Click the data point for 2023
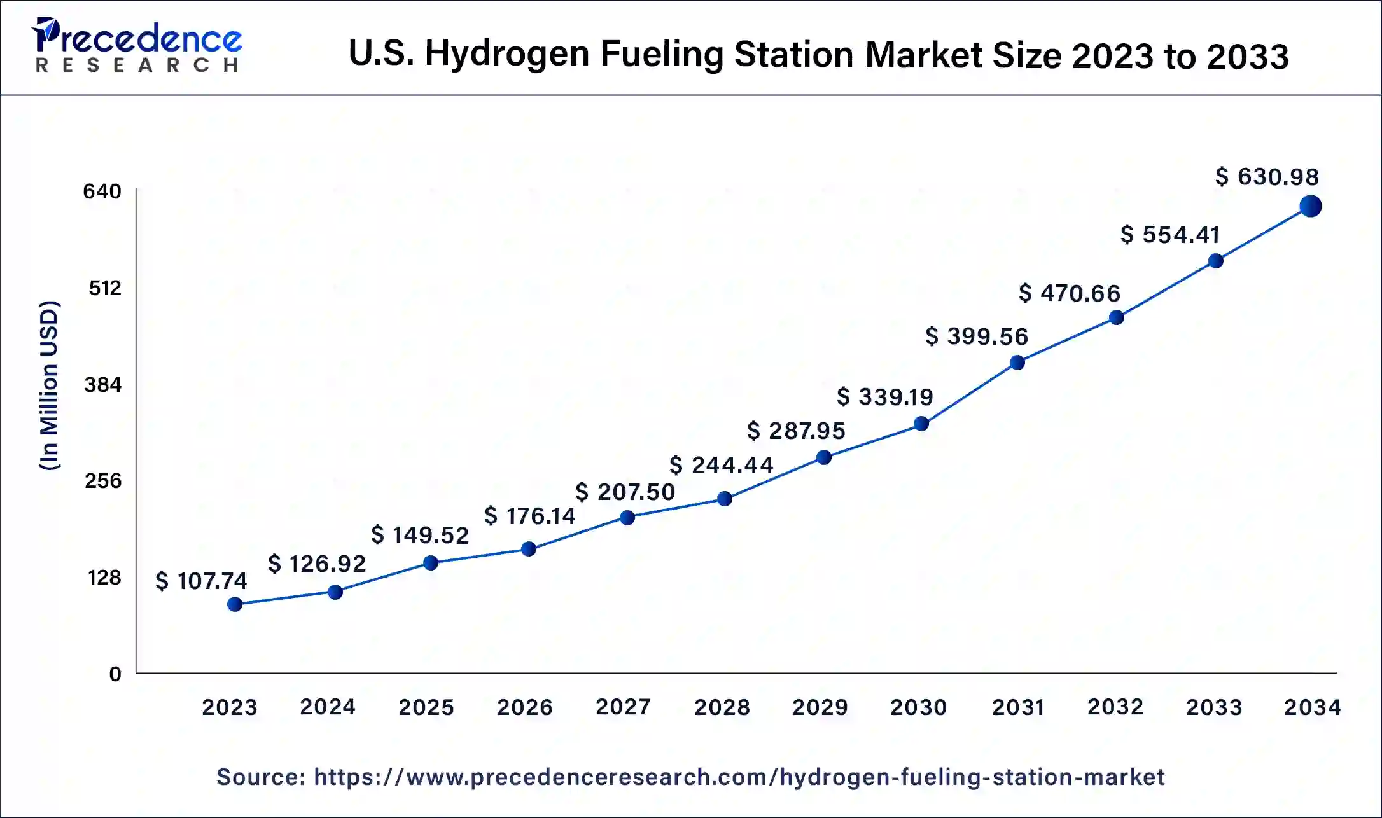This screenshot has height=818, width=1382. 235,604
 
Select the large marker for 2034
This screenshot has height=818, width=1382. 1311,206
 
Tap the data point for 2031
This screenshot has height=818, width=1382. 1017,363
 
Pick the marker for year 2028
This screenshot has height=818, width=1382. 724,499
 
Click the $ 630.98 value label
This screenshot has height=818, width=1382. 1267,177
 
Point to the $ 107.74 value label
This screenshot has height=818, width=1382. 201,581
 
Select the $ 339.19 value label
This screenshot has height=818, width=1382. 885,397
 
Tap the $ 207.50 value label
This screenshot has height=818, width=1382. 625,492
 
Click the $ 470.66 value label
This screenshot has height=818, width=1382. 1070,293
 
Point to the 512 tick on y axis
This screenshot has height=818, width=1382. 105,288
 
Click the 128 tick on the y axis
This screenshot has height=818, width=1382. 104,578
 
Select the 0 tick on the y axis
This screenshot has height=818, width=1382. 115,674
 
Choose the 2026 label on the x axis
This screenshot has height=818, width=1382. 525,707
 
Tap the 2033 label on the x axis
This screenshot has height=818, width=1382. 1214,707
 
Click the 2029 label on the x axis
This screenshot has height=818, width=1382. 820,707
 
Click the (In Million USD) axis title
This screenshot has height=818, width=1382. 50,385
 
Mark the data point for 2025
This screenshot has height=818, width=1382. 431,563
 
